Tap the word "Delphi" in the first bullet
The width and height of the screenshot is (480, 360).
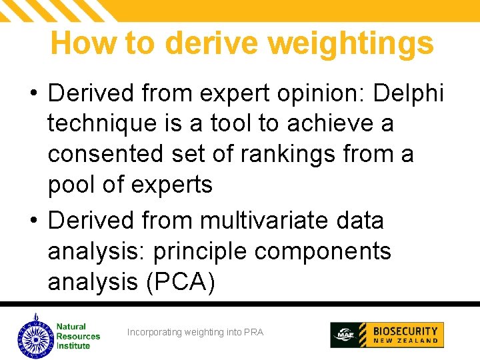click(408, 93)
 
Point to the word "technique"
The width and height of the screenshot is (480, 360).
click(107, 124)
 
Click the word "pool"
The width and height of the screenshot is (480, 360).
click(73, 185)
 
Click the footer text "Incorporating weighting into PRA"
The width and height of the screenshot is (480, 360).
click(195, 332)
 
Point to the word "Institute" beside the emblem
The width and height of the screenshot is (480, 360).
click(73, 345)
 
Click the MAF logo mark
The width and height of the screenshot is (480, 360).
click(345, 335)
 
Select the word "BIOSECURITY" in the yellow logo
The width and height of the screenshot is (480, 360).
click(405, 331)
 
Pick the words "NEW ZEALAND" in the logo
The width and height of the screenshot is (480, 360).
click(405, 341)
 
